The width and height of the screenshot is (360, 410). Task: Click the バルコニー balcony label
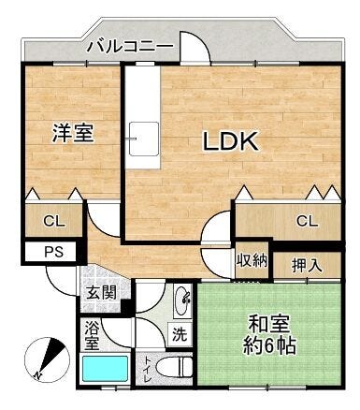[130, 47]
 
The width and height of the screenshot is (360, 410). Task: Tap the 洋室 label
[73, 133]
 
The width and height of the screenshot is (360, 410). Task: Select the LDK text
[231, 141]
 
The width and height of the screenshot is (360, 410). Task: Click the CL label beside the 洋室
[54, 221]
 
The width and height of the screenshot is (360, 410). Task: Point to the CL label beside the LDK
[308, 221]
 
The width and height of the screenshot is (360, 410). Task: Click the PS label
[54, 252]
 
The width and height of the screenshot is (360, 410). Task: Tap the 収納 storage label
[252, 261]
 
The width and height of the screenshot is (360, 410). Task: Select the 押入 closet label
[307, 266]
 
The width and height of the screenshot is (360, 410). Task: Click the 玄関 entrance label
[101, 293]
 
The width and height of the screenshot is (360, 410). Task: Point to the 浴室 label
[93, 336]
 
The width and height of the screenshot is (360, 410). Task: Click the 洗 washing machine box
[180, 334]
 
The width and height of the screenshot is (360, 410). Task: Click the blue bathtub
[106, 369]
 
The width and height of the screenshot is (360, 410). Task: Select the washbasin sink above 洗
[182, 300]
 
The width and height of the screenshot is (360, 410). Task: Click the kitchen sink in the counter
[144, 139]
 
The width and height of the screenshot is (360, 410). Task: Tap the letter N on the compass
[37, 375]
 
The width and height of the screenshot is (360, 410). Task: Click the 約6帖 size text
[269, 344]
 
